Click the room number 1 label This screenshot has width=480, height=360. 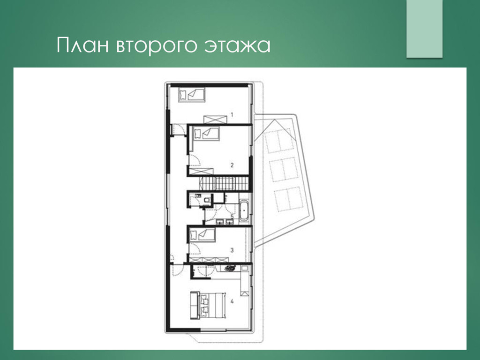click(232, 115)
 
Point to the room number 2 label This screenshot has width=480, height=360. click(232, 165)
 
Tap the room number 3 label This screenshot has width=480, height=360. click(232, 250)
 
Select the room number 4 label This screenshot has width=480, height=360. click(232, 301)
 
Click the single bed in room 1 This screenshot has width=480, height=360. click(192, 95)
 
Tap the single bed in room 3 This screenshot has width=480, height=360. click(202, 235)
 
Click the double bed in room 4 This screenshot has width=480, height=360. click(212, 306)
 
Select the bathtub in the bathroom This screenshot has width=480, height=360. click(244, 210)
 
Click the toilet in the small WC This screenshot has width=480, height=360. click(208, 200)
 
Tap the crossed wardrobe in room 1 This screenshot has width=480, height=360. click(216, 120)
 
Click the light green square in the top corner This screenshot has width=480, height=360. click(424, 29)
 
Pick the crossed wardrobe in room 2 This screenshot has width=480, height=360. click(201, 171)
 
